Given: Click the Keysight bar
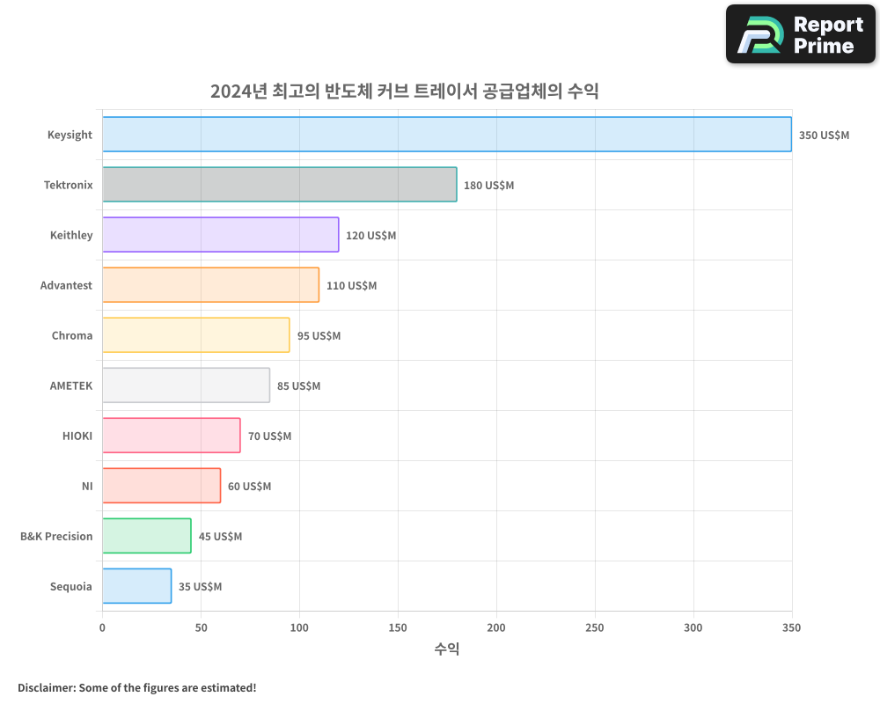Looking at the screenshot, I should [x=447, y=135].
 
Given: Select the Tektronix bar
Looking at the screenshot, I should [x=280, y=185].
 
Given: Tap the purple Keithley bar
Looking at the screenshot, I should [x=221, y=235].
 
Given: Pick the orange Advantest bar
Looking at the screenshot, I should [x=211, y=285].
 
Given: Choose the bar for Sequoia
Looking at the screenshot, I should [x=137, y=586].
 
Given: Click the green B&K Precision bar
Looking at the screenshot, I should [x=147, y=536].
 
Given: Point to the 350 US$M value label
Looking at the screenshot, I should [x=824, y=136].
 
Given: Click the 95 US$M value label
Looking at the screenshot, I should [x=319, y=336].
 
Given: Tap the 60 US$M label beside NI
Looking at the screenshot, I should [x=250, y=487].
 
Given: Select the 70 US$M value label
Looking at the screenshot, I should [x=269, y=436].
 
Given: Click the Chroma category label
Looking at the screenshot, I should [x=72, y=335].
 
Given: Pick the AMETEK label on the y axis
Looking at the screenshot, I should [x=71, y=385].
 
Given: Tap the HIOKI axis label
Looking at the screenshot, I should [x=77, y=436].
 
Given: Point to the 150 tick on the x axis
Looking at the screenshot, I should [x=398, y=627].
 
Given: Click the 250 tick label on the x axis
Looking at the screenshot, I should [x=595, y=627].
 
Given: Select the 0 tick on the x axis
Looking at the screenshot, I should [x=102, y=627].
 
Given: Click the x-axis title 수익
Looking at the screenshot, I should [x=447, y=649].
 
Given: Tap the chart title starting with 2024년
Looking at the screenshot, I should [x=405, y=91].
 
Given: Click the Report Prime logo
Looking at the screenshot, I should [x=801, y=34].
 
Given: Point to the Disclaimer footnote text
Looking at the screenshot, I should [x=137, y=687].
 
